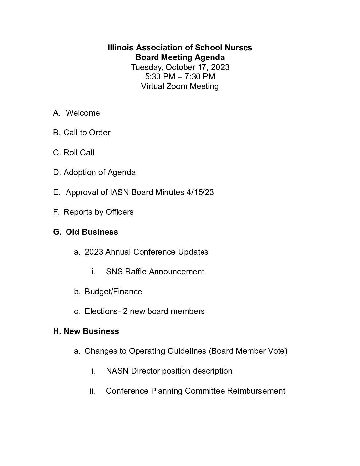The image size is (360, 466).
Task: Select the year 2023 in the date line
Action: coord(220,67)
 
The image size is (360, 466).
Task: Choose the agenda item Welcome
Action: coord(83,113)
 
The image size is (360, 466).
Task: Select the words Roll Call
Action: coord(79,153)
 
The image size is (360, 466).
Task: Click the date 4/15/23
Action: coord(200,192)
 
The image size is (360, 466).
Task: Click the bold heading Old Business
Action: coord(92,232)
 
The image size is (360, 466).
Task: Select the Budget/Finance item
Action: coord(113,292)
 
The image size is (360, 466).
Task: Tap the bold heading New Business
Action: coord(91,331)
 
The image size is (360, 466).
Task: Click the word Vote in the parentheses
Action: coord(277,351)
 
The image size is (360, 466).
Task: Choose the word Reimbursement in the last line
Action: coord(256,391)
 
